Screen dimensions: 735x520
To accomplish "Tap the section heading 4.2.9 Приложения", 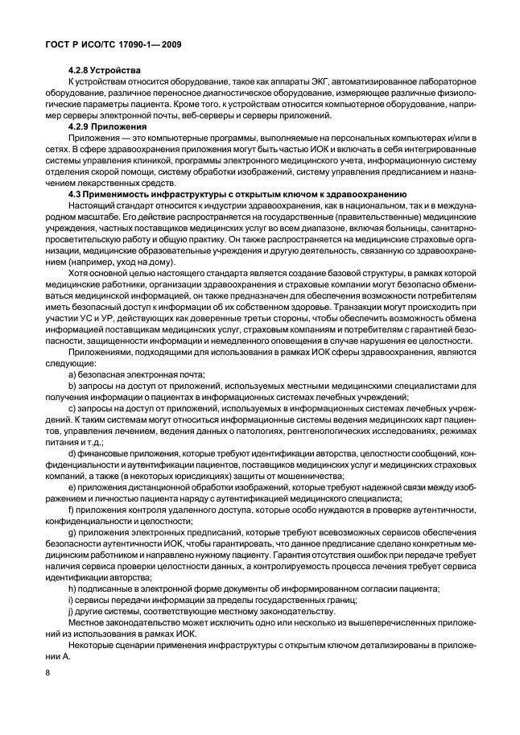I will [x=107, y=127].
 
